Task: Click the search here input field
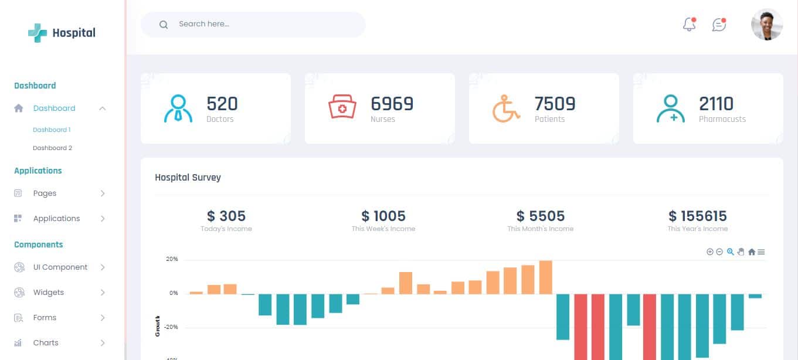(258, 25)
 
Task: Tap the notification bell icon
(690, 25)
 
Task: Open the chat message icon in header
(719, 25)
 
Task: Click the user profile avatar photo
(766, 25)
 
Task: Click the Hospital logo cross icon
(38, 33)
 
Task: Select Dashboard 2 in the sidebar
(52, 148)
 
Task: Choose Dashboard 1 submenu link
(52, 130)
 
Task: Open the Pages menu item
(45, 193)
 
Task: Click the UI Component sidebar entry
(60, 267)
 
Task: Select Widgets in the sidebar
(48, 293)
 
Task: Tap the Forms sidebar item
(45, 318)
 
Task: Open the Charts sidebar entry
(46, 343)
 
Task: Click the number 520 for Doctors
(222, 104)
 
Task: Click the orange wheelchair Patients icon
(506, 108)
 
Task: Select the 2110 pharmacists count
(716, 104)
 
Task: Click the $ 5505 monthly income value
(540, 216)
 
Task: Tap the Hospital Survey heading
(188, 177)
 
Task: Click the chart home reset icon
(751, 252)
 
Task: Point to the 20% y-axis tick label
(172, 259)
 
